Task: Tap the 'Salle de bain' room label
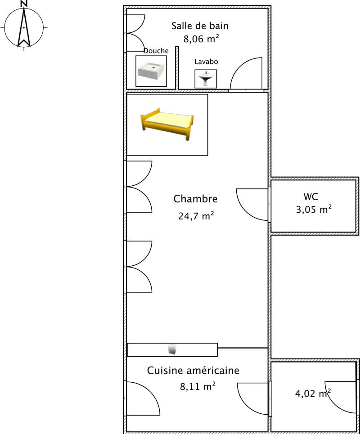tap(200, 26)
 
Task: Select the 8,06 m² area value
tap(201, 39)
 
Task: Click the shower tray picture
tap(151, 72)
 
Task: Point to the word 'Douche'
tap(156, 51)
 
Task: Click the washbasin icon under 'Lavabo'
tap(206, 79)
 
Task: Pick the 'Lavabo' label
tap(206, 62)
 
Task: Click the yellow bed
tap(167, 124)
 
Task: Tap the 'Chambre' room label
tap(195, 199)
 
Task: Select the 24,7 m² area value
tap(196, 216)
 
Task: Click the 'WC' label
tap(311, 197)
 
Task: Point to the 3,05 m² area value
tap(314, 209)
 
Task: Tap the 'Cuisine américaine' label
tap(193, 371)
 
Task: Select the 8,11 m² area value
tap(197, 385)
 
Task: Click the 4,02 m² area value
tap(313, 394)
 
